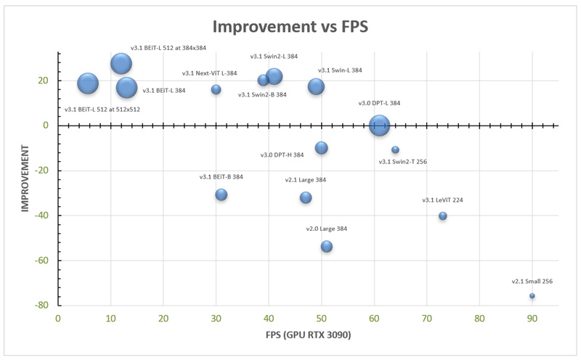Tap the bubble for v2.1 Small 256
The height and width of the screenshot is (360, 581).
532,296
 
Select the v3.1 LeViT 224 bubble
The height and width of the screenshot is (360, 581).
442,216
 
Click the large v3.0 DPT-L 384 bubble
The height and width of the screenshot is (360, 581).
379,126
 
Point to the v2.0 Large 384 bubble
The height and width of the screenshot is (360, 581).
327,247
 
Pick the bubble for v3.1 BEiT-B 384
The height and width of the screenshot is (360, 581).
222,195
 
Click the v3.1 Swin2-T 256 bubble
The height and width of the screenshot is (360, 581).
395,150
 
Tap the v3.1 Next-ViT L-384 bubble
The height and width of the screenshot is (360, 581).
216,89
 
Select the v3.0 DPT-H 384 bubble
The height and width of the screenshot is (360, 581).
321,148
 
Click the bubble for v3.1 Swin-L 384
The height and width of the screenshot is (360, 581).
316,86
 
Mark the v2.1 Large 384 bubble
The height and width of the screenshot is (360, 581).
306,197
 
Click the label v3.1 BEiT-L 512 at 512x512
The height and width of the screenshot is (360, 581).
102,110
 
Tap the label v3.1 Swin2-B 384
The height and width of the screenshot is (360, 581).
262,94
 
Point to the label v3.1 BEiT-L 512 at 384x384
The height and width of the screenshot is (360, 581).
168,48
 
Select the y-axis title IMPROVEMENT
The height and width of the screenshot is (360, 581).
25,179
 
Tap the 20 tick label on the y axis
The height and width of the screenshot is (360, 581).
44,81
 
